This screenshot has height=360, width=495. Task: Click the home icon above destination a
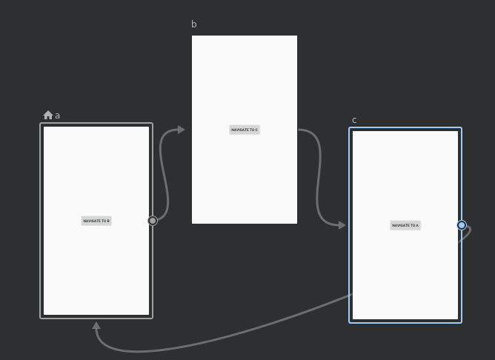(48, 115)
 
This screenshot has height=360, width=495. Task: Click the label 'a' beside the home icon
(58, 116)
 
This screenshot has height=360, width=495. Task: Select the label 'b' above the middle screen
(194, 24)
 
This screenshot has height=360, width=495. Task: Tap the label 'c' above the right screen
(354, 120)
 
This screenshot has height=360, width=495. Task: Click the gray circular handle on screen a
(153, 221)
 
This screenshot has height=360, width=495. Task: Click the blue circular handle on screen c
(462, 225)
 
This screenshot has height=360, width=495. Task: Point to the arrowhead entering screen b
(181, 130)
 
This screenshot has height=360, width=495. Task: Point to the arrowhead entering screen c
(342, 225)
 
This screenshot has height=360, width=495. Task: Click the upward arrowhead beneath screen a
(96, 326)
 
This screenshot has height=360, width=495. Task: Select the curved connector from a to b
(163, 174)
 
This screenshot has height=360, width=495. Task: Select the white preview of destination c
(405, 274)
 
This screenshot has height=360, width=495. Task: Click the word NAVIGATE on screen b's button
(239, 130)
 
